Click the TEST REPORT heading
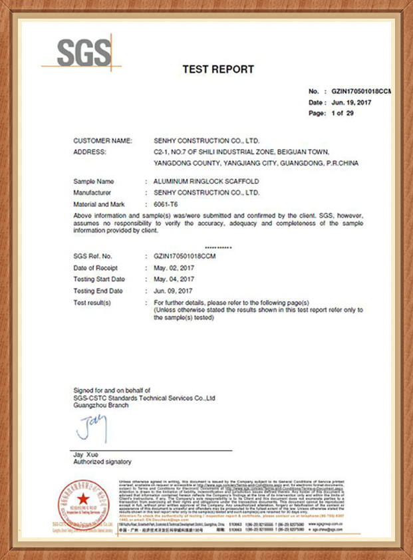point(218,69)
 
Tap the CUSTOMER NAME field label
point(103,141)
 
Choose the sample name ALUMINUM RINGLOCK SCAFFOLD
point(206,182)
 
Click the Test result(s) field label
point(92,303)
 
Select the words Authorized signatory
point(102,462)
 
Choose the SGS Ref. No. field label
point(93,256)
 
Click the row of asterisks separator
point(219,247)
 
